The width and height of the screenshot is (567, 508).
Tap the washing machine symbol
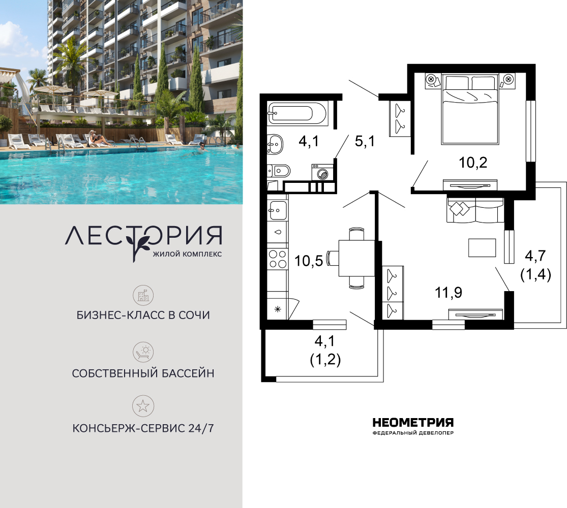pyautogui.click(x=322, y=172)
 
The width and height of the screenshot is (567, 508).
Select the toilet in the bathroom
pyautogui.click(x=279, y=171)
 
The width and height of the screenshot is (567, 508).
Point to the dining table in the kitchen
pyautogui.click(x=356, y=259)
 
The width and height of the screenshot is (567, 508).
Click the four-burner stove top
pyautogui.click(x=278, y=259)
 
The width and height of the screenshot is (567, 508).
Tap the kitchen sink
pyautogui.click(x=278, y=210)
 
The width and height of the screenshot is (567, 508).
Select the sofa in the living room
pyautogui.click(x=475, y=210)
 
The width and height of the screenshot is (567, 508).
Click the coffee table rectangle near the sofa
pyautogui.click(x=482, y=248)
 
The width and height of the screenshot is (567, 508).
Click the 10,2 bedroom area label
pyautogui.click(x=473, y=163)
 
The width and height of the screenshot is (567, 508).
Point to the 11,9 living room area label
pyautogui.click(x=449, y=292)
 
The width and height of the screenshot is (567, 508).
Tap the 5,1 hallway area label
pyautogui.click(x=365, y=141)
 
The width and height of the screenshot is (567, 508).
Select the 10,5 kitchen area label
pyautogui.click(x=309, y=261)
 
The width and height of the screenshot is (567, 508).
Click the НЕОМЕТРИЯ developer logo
pyautogui.click(x=413, y=426)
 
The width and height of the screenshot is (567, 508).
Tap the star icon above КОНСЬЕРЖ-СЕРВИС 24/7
pyautogui.click(x=143, y=406)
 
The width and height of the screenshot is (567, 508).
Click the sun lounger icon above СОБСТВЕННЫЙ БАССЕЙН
pyautogui.click(x=143, y=352)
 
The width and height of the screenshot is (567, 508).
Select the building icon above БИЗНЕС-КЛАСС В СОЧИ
pyautogui.click(x=143, y=296)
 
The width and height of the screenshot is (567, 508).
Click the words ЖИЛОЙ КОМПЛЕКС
pyautogui.click(x=187, y=254)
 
